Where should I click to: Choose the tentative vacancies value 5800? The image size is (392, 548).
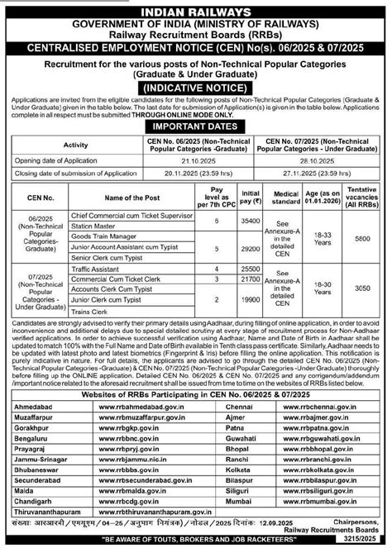coord(361,240)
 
